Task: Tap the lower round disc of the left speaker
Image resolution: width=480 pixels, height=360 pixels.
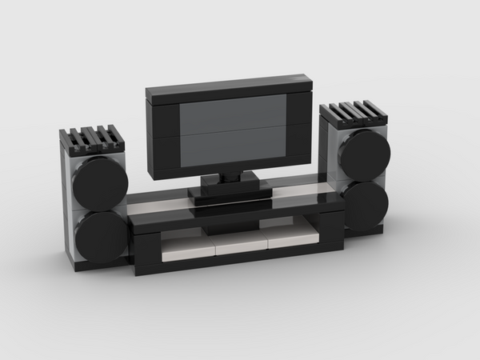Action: (x=101, y=237)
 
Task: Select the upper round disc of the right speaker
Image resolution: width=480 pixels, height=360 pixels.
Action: (x=364, y=152)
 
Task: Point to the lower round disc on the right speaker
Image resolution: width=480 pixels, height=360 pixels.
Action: (x=366, y=203)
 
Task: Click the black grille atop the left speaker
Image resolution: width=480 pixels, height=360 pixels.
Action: (x=91, y=139)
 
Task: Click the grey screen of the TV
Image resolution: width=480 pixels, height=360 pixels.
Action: (x=231, y=131)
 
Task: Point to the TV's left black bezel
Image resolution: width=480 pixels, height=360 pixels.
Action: (x=162, y=136)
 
